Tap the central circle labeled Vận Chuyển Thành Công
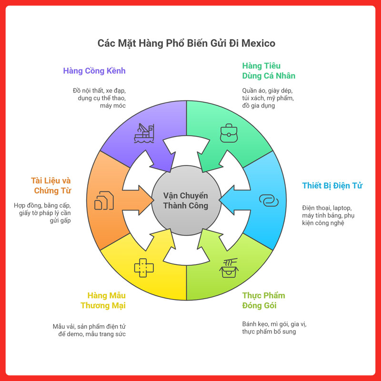pyautogui.click(x=186, y=201)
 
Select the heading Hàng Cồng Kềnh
pyautogui.click(x=94, y=71)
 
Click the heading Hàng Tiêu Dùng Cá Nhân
pyautogui.click(x=269, y=70)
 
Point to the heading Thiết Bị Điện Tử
pyautogui.click(x=332, y=185)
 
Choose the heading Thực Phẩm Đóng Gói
pyautogui.click(x=263, y=300)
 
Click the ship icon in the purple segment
pyautogui.click(x=144, y=134)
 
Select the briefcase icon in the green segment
pyautogui.click(x=228, y=134)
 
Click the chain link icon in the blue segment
pyautogui.click(x=269, y=201)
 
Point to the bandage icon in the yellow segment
pyautogui.click(x=144, y=268)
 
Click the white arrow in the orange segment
pyautogui.click(x=136, y=195)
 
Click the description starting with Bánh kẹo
pyautogui.click(x=274, y=328)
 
